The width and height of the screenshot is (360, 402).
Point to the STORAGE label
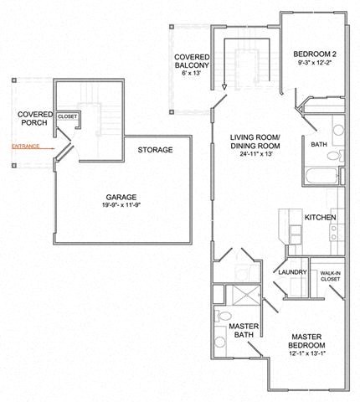point(155,150)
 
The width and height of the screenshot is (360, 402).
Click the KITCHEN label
point(321,218)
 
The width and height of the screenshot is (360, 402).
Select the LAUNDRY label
point(291,272)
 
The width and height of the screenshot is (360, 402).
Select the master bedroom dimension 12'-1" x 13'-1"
point(313,354)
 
